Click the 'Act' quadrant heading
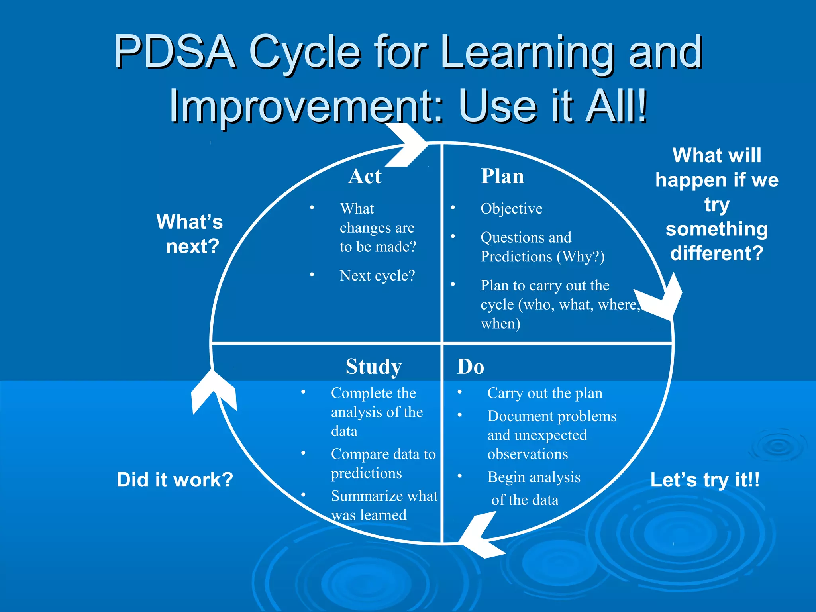(365, 176)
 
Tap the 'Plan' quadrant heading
(502, 176)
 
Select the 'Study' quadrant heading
(373, 367)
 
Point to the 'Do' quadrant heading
(470, 367)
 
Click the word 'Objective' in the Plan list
(511, 209)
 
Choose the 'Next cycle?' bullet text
(377, 276)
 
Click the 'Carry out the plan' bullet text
(545, 393)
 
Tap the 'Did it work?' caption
(175, 479)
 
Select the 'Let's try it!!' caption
(705, 479)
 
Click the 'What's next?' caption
(190, 234)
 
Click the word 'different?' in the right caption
(716, 253)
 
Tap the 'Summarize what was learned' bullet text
(384, 505)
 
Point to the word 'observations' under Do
(528, 454)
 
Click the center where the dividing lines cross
(442, 343)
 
